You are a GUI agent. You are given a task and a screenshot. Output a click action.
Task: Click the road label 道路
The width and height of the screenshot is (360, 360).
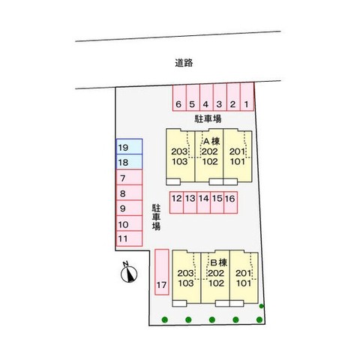point(184,63)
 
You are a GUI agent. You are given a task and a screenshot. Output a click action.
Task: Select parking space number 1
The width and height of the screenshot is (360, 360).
point(247,97)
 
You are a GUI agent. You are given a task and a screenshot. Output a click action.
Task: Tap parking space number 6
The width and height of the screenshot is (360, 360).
point(179,97)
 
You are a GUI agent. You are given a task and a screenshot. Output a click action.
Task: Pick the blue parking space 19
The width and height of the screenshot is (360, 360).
point(129,146)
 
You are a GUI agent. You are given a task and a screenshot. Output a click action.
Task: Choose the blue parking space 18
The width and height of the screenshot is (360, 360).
point(129,162)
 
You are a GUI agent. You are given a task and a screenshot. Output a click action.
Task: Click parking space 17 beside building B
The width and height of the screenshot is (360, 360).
point(162,272)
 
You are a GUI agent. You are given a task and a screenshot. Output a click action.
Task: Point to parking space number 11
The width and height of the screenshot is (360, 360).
point(129,238)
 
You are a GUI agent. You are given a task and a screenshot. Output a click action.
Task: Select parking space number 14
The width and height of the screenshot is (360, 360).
point(203,202)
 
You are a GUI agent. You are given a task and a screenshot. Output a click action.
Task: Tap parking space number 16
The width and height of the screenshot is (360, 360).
point(230,202)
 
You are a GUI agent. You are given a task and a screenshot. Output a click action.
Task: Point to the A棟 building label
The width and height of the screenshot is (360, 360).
point(211,142)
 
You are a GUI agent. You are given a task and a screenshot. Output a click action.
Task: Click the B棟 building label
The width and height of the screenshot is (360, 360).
point(218,263)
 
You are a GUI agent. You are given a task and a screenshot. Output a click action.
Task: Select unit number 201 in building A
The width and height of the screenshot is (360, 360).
point(238,151)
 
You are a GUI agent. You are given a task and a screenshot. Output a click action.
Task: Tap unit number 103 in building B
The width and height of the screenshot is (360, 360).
point(185,283)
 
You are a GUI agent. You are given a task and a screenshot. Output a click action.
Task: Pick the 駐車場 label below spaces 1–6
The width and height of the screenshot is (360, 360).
point(208,118)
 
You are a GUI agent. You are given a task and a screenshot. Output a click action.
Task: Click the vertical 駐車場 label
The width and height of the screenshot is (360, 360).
point(156,217)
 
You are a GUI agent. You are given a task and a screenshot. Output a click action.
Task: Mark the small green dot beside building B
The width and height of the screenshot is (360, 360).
point(262,306)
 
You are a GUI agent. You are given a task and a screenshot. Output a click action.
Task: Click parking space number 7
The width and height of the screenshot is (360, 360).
point(129,177)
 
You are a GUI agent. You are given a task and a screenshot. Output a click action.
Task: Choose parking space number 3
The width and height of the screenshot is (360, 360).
point(220,97)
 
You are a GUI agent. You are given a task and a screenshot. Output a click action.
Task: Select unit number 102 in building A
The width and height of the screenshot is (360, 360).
point(210,162)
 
